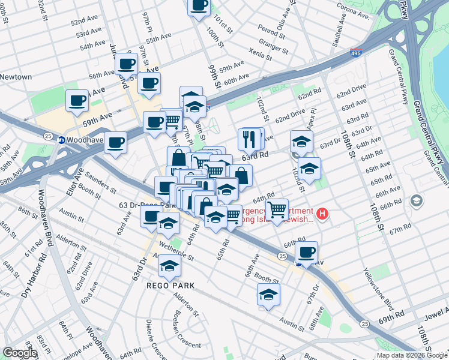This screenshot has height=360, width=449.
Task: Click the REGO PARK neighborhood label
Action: [x=171, y=285]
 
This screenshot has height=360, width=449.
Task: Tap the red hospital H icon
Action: [x=323, y=213]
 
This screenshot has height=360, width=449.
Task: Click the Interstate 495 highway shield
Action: [x=355, y=53]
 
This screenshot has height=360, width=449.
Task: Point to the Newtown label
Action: [x=16, y=77]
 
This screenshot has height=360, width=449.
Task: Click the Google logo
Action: [x=20, y=353]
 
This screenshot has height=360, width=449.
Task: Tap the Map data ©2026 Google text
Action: [x=412, y=355]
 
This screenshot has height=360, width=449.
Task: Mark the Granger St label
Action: [x=270, y=43]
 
